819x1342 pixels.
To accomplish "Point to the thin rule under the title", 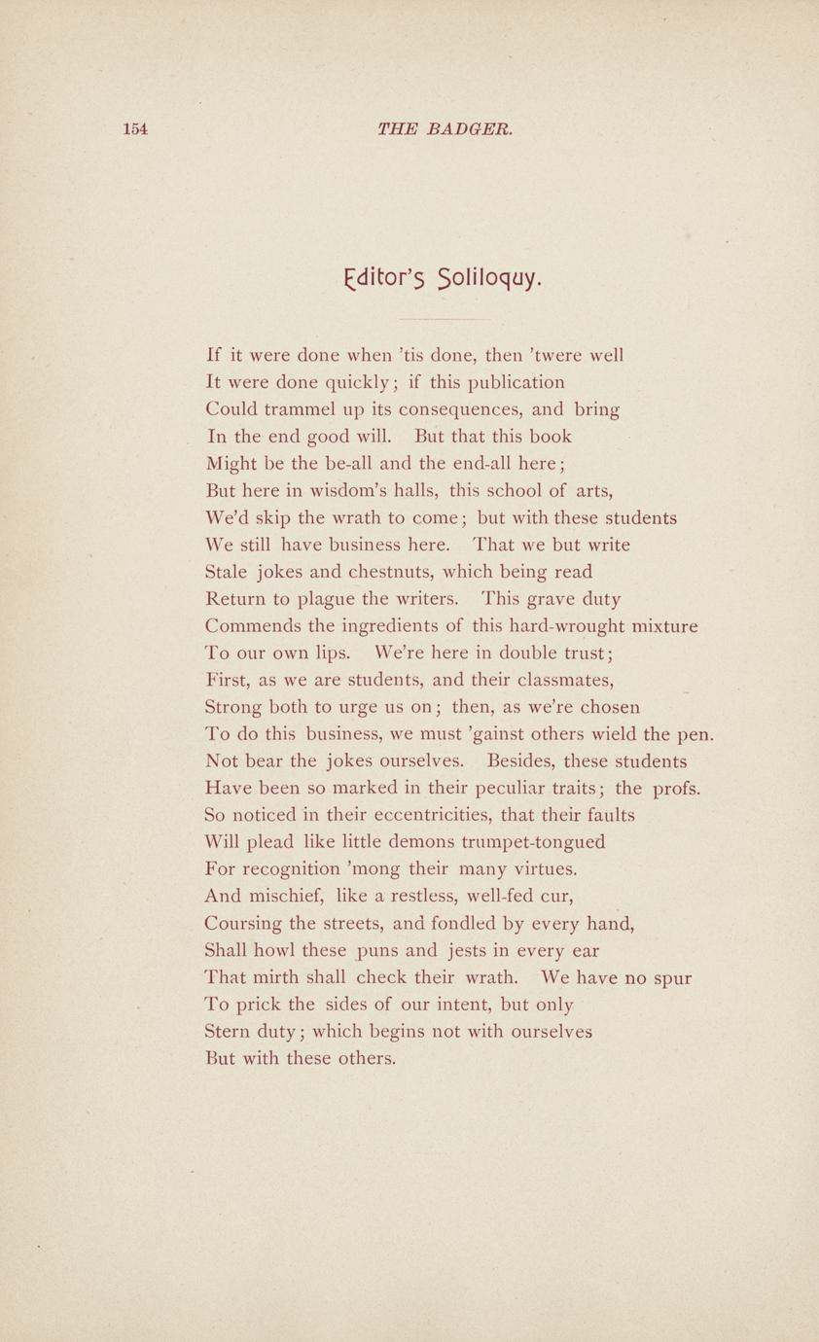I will point(445,318).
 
